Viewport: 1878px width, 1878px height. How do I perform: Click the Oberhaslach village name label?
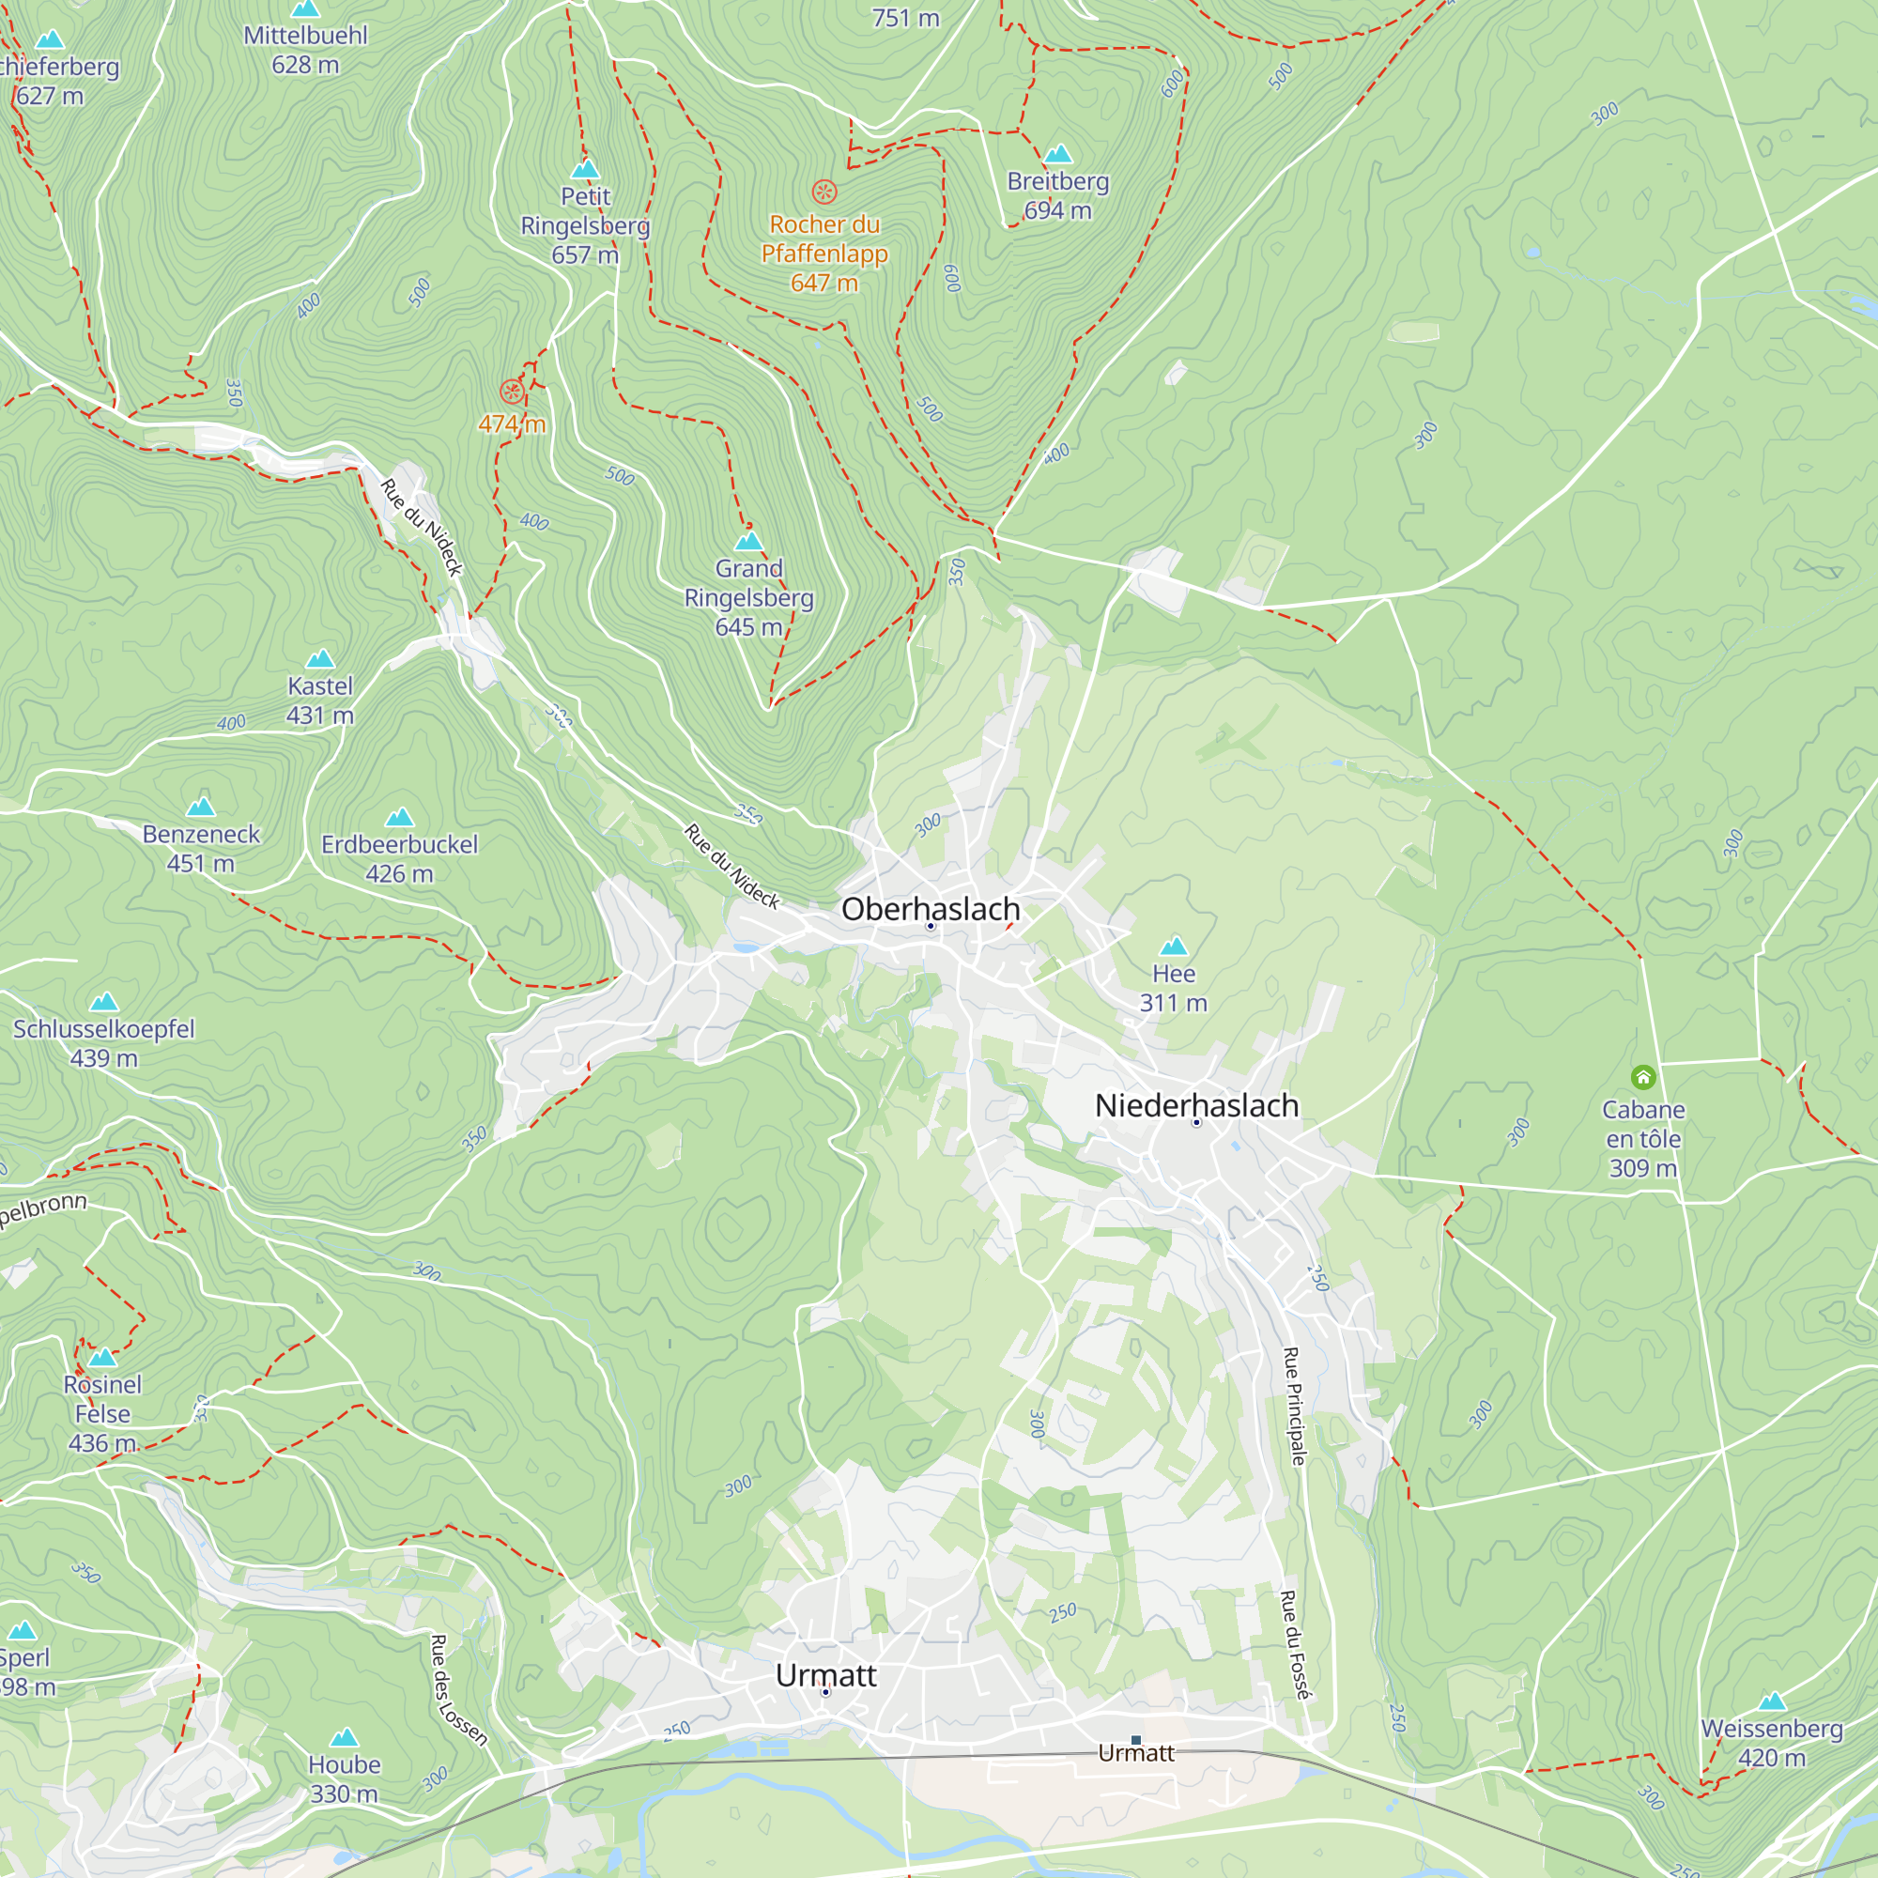tap(931, 909)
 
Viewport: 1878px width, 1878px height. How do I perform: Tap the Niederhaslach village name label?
tap(1195, 1105)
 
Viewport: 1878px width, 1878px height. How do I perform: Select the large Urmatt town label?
tap(825, 1675)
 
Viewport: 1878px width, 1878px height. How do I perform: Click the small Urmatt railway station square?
tap(1135, 1740)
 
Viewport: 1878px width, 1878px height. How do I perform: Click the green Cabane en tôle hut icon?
tap(1642, 1076)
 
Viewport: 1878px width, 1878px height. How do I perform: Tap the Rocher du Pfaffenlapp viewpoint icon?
tap(824, 191)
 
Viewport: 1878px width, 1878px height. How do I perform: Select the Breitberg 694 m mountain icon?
tap(1057, 154)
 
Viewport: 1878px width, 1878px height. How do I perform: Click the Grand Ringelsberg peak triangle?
tap(748, 541)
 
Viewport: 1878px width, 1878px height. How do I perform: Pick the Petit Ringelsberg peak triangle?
tap(585, 169)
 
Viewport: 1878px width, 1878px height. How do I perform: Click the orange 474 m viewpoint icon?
tap(512, 392)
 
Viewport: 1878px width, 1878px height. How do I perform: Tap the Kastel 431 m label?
tap(320, 700)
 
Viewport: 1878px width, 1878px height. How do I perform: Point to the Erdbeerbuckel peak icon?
tap(399, 817)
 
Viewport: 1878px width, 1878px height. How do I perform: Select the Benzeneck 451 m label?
tap(201, 848)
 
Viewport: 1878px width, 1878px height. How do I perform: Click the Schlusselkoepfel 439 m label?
tap(104, 1042)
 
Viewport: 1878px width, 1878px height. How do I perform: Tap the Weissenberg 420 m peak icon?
tap(1772, 1701)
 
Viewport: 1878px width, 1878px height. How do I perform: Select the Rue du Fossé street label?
tap(1294, 1645)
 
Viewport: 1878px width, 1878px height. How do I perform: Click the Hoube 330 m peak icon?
tap(344, 1737)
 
